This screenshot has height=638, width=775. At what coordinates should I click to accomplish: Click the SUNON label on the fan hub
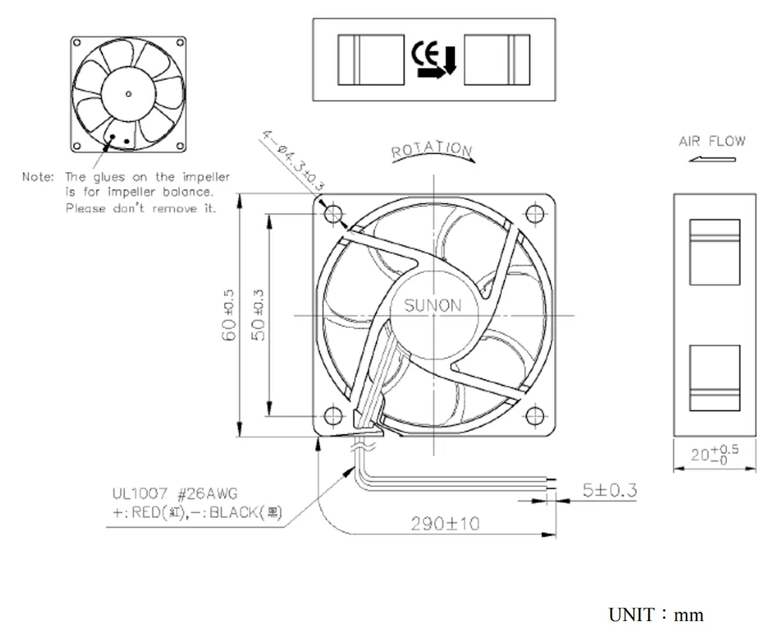(432, 305)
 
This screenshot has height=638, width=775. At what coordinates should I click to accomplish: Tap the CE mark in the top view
(425, 53)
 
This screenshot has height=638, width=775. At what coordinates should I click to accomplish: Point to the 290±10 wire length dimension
(444, 523)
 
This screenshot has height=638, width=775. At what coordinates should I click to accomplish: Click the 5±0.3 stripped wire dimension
(609, 490)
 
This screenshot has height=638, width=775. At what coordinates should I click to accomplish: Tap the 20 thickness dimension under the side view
(714, 453)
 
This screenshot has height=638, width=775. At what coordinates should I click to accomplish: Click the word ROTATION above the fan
(432, 150)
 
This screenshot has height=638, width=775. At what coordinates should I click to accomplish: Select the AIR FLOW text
(711, 141)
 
